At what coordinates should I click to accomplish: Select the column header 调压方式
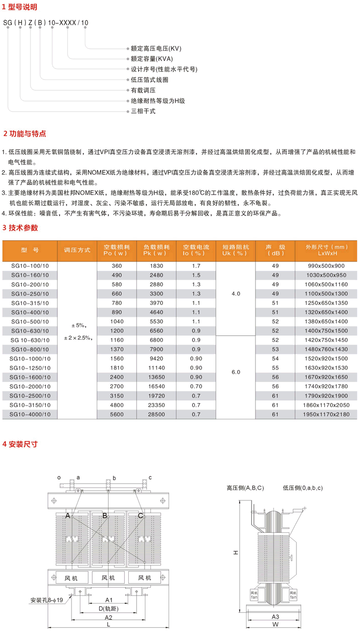tap(77, 250)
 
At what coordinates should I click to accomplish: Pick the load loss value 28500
tap(156, 415)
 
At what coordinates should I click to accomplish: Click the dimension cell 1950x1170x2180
tap(326, 415)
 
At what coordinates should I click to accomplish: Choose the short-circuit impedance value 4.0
tap(236, 294)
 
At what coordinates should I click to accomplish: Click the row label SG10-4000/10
tap(30, 415)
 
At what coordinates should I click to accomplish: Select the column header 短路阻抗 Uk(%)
tap(236, 250)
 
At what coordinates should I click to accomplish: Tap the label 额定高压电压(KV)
tap(156, 49)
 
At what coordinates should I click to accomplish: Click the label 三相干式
tap(143, 112)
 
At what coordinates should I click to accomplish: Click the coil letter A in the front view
tap(68, 516)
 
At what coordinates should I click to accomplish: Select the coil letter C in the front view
tap(141, 516)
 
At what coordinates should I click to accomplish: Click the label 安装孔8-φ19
tap(47, 601)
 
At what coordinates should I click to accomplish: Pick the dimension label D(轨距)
tap(108, 608)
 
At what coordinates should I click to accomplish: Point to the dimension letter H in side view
tap(236, 553)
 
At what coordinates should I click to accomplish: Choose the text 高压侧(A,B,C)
tap(245, 488)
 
